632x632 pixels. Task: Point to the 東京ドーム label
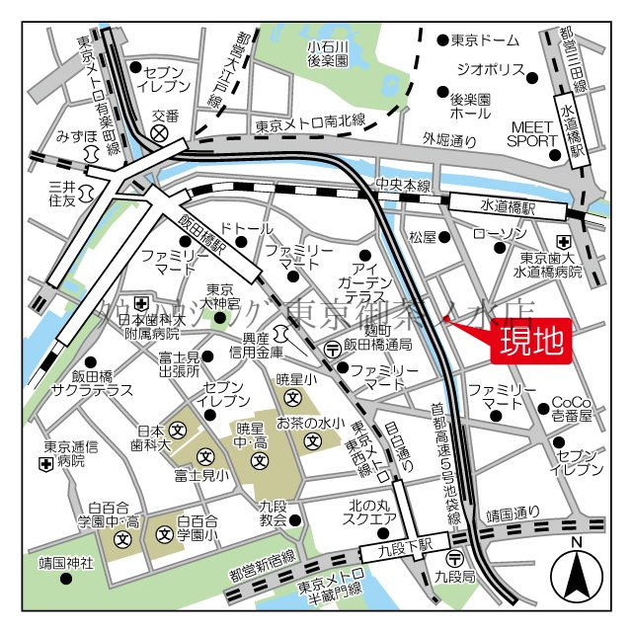[485, 40]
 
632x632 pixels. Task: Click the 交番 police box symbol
[165, 132]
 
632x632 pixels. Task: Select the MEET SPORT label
[533, 133]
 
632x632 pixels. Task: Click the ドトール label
[247, 228]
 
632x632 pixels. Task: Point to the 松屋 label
[423, 236]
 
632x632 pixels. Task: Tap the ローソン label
[500, 233]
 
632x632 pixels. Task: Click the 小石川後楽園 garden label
[328, 53]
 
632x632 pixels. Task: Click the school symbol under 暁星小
[293, 397]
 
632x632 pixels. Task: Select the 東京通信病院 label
[70, 453]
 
